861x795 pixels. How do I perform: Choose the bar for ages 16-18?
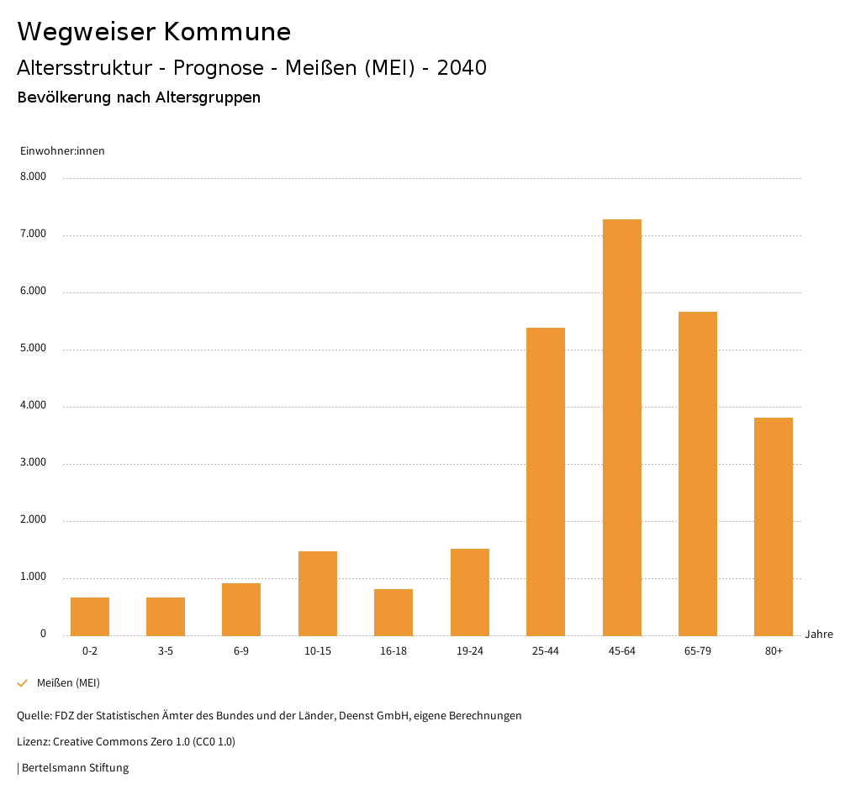(x=394, y=612)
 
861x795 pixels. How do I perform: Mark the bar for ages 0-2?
(x=90, y=616)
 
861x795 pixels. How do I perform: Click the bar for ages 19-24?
(x=470, y=592)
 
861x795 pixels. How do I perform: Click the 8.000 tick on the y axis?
(x=34, y=177)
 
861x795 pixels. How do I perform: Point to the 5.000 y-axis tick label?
(x=34, y=349)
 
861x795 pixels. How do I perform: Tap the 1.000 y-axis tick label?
(x=34, y=577)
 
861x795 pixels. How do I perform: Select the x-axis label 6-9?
(x=241, y=651)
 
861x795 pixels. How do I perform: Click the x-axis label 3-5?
(x=166, y=651)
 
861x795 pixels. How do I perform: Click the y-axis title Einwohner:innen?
(x=62, y=151)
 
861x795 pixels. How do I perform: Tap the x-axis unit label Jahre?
(x=819, y=634)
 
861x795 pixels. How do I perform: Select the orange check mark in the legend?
(x=23, y=683)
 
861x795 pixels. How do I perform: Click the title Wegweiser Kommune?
(x=154, y=32)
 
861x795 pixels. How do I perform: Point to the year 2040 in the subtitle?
(x=462, y=68)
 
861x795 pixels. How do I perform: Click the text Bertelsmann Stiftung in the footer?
(x=75, y=767)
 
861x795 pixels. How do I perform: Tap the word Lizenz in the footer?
(x=33, y=741)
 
